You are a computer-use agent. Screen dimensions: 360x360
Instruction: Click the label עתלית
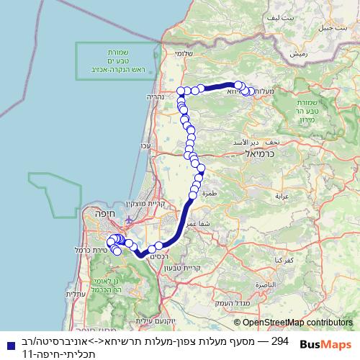tap(75, 294)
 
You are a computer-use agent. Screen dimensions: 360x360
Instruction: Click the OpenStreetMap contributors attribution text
tap(297, 323)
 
